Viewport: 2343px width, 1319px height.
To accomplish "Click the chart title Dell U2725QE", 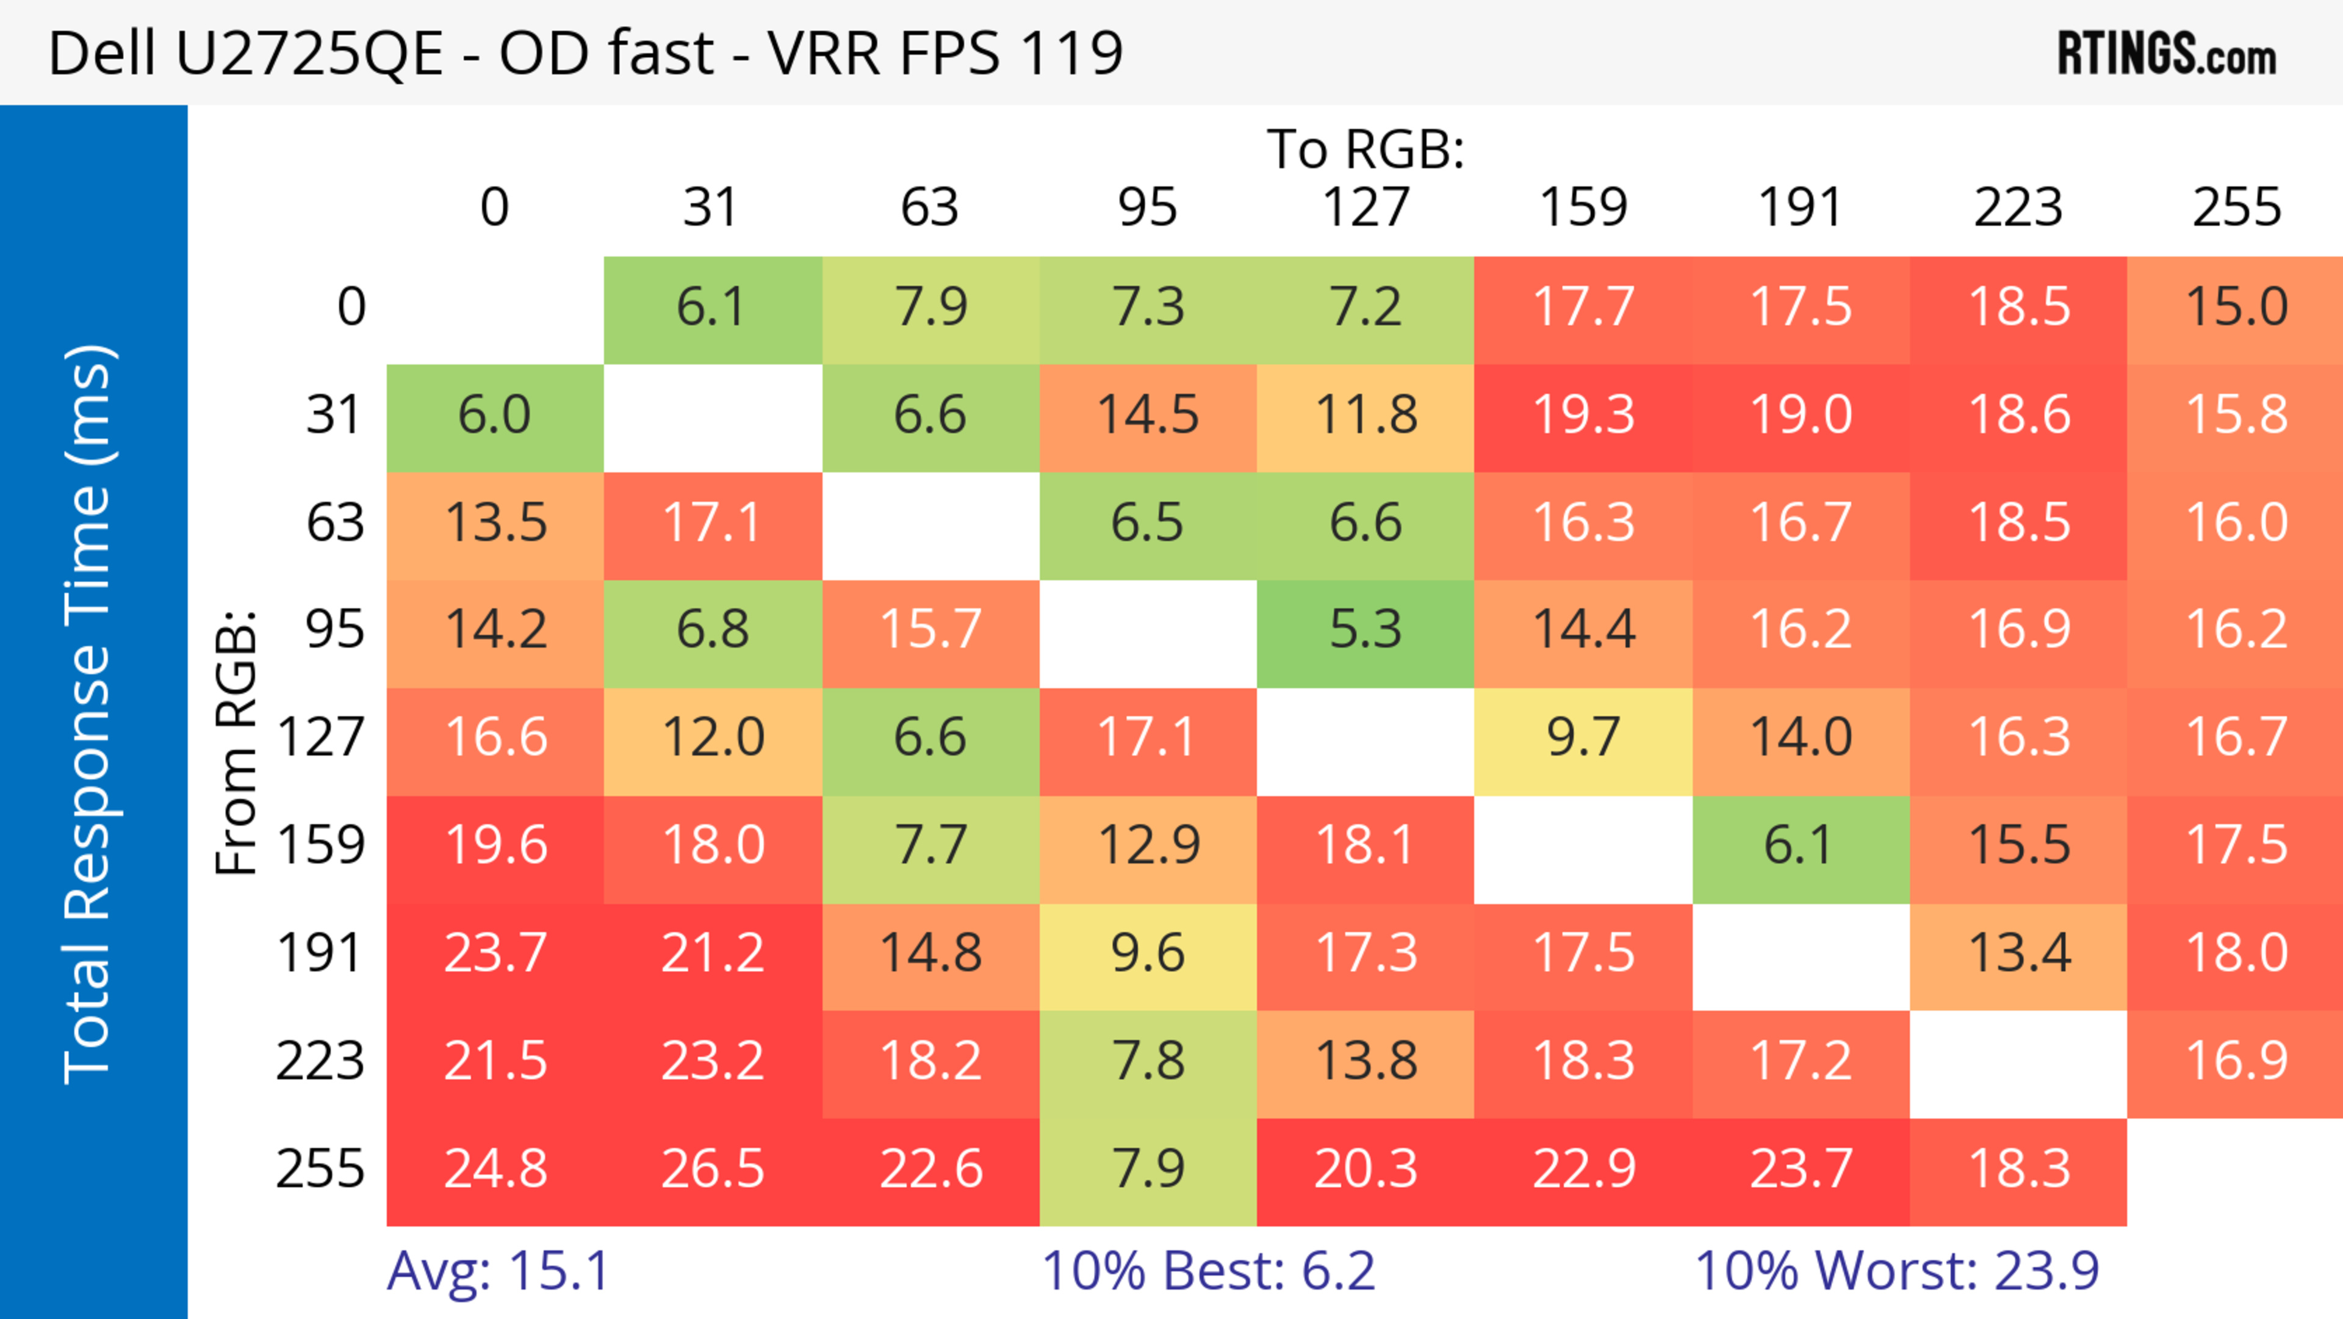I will pyautogui.click(x=585, y=54).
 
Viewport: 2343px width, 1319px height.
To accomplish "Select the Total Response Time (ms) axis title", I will pyautogui.click(x=88, y=714).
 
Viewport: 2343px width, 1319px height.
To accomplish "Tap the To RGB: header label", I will pyautogui.click(x=1366, y=149).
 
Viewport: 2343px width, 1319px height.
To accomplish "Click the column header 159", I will pyautogui.click(x=1583, y=208).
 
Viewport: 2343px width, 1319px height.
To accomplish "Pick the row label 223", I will pyautogui.click(x=320, y=1061).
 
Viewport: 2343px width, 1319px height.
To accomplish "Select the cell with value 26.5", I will pyautogui.click(x=712, y=1169).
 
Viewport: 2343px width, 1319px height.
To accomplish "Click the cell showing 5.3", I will pyautogui.click(x=1366, y=629).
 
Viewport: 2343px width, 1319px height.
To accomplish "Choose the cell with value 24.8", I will pyautogui.click(x=495, y=1169).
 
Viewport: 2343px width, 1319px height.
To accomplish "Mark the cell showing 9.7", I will pyautogui.click(x=1583, y=737).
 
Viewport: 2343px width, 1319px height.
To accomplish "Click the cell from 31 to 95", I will pyautogui.click(x=1148, y=415).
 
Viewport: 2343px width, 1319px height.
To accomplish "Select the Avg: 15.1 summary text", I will pyautogui.click(x=497, y=1271).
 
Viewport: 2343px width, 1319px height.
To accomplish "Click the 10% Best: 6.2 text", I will pyautogui.click(x=1208, y=1271).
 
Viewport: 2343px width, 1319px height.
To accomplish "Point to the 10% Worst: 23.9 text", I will pyautogui.click(x=1896, y=1271).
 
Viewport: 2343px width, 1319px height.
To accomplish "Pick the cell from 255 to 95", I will pyautogui.click(x=1148, y=1169).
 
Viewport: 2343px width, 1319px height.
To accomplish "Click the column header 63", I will pyautogui.click(x=929, y=208).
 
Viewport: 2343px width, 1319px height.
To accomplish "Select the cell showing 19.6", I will pyautogui.click(x=495, y=845).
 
